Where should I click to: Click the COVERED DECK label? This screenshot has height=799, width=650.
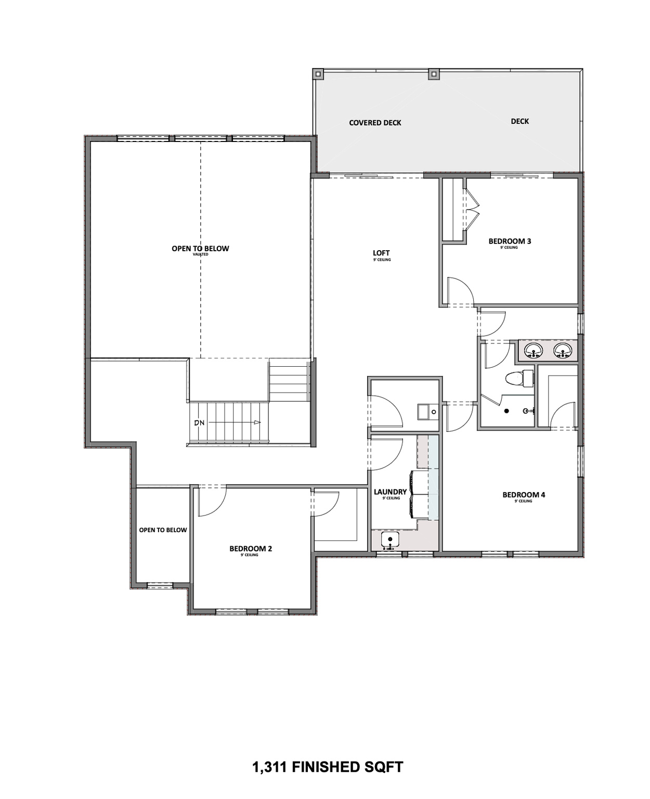pos(375,123)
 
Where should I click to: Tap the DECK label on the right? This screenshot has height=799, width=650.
pos(519,121)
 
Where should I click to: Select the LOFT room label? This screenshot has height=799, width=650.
pos(381,253)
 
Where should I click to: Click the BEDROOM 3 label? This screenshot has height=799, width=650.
pos(510,241)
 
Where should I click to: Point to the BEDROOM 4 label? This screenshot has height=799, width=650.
pos(524,495)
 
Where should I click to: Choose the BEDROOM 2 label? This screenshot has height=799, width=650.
pos(251,549)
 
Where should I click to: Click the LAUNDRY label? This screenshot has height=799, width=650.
pos(390,492)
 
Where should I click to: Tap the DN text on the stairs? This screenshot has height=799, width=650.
pos(200,423)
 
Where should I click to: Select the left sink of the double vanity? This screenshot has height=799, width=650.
pos(533,351)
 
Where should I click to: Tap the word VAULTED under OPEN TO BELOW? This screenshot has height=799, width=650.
pos(200,255)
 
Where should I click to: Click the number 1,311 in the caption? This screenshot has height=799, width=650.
pos(269,767)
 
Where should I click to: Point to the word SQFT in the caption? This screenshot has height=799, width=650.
pos(384,767)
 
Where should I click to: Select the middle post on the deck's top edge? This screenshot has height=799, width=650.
pos(433,74)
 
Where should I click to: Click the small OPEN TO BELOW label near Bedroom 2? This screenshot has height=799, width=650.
pos(163,530)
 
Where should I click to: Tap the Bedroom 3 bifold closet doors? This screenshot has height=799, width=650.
pos(472,210)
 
